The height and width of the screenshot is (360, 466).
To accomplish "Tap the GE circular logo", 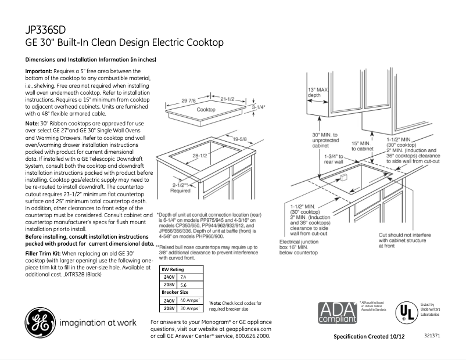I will pos(38,321).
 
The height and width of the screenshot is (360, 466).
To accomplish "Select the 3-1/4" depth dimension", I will pos(259,107).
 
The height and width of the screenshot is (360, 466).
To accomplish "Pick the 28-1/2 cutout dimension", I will pos(200,156).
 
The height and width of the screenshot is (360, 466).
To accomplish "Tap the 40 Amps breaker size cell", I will pos(189,301).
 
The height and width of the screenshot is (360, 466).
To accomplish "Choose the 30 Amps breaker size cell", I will pos(189,309).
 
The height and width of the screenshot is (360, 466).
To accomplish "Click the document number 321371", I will pos(432,336).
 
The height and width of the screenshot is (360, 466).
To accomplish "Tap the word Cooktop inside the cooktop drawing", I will pos(206,110).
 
